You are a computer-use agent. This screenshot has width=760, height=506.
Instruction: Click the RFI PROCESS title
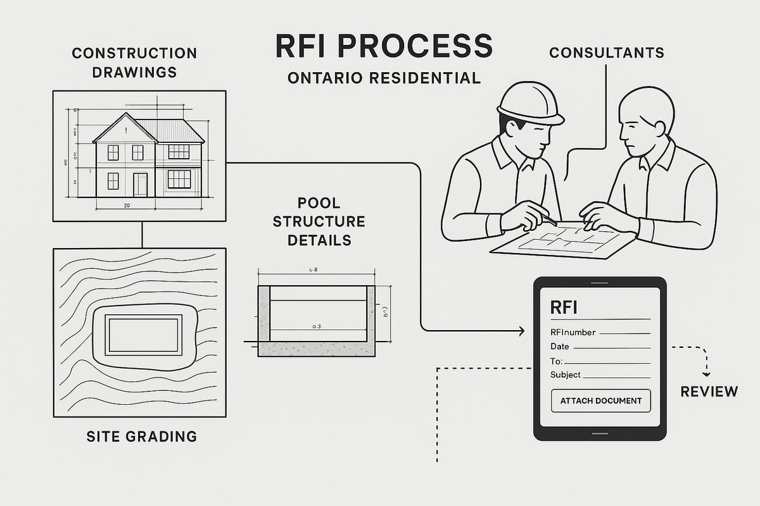pyautogui.click(x=384, y=47)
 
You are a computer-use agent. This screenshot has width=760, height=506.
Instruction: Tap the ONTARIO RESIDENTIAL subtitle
pyautogui.click(x=384, y=78)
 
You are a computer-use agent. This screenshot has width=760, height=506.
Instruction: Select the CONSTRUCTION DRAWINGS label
pyautogui.click(x=134, y=62)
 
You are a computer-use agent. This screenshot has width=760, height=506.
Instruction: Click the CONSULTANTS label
pyautogui.click(x=606, y=52)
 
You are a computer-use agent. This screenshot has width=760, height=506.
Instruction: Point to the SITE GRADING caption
pyautogui.click(x=141, y=436)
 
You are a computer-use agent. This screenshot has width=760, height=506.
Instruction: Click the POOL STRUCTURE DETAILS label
pyautogui.click(x=326, y=222)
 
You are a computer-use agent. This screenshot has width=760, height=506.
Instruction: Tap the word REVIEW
pyautogui.click(x=709, y=392)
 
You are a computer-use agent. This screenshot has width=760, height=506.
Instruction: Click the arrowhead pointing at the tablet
pyautogui.click(x=521, y=331)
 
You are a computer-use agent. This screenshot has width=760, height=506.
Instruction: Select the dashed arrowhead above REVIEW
pyautogui.click(x=707, y=373)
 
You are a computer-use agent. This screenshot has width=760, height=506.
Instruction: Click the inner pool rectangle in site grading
pyautogui.click(x=143, y=334)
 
